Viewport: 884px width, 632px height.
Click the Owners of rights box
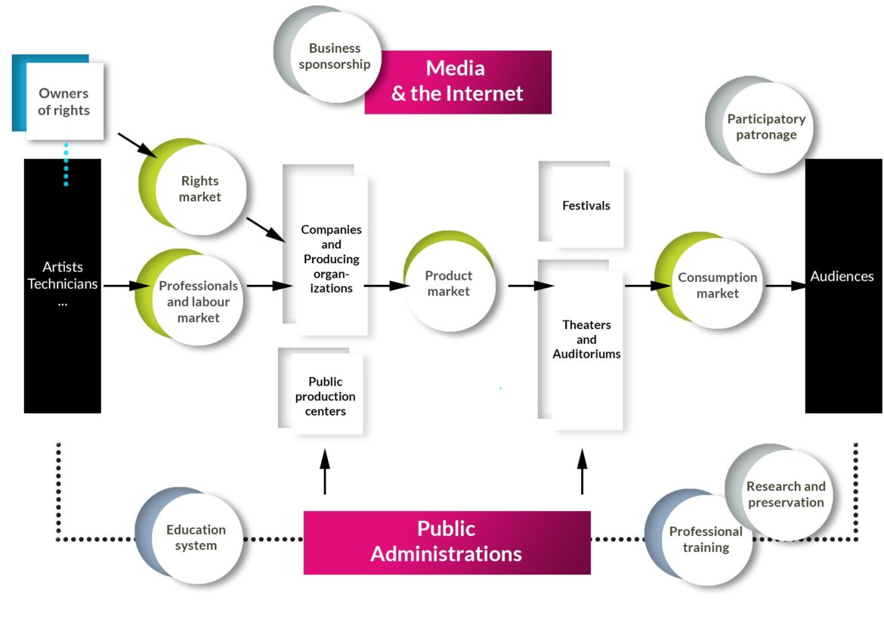point(64,101)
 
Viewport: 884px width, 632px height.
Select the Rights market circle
point(199,189)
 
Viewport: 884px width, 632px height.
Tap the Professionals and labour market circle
point(198,301)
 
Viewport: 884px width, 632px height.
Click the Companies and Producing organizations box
point(330,257)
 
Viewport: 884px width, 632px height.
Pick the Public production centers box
point(326,395)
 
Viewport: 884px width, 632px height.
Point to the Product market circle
point(449,283)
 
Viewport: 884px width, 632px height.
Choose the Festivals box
point(586,206)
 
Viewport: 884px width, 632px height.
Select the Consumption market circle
point(716,284)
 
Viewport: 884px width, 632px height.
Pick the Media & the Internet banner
point(458,82)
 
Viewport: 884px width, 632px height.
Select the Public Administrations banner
point(447,542)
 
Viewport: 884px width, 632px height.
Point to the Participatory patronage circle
point(765,127)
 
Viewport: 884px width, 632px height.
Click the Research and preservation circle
point(785,494)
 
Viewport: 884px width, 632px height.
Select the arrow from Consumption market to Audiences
point(786,286)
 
